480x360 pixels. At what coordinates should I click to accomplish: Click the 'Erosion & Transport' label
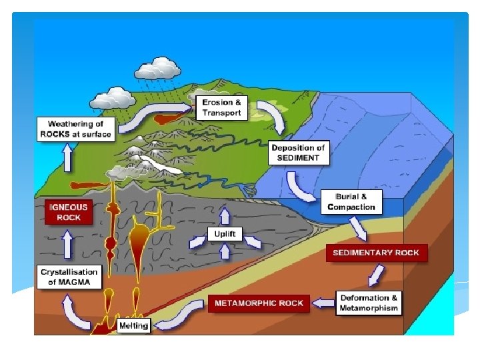(223, 108)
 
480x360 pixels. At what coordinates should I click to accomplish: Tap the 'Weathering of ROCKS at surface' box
(75, 129)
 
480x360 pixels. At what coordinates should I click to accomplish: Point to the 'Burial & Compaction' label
(351, 201)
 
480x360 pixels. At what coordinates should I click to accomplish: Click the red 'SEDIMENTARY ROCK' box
(377, 253)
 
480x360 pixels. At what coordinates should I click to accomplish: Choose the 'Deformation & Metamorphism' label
(369, 303)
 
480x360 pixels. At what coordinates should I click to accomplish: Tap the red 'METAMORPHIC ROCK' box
(259, 303)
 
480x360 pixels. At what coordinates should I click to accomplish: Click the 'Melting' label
(133, 325)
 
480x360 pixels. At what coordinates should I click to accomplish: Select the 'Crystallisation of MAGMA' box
(69, 277)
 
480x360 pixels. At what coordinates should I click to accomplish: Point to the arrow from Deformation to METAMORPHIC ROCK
(324, 303)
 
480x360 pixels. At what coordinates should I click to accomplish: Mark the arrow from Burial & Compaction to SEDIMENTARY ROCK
(359, 229)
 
